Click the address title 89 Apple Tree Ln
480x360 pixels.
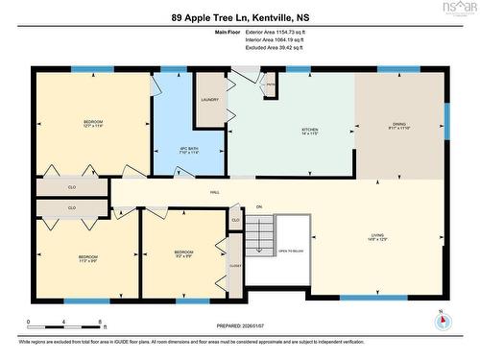pyautogui.click(x=239, y=17)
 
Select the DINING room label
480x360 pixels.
pyautogui.click(x=400, y=125)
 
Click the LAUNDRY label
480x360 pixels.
pyautogui.click(x=210, y=100)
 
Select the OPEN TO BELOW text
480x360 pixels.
pyautogui.click(x=291, y=252)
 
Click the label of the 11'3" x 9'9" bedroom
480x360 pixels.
pyautogui.click(x=87, y=258)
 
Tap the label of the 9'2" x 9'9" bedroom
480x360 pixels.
pyautogui.click(x=184, y=254)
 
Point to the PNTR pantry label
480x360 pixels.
pyautogui.click(x=271, y=85)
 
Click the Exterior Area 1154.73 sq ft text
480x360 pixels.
pyautogui.click(x=281, y=32)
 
